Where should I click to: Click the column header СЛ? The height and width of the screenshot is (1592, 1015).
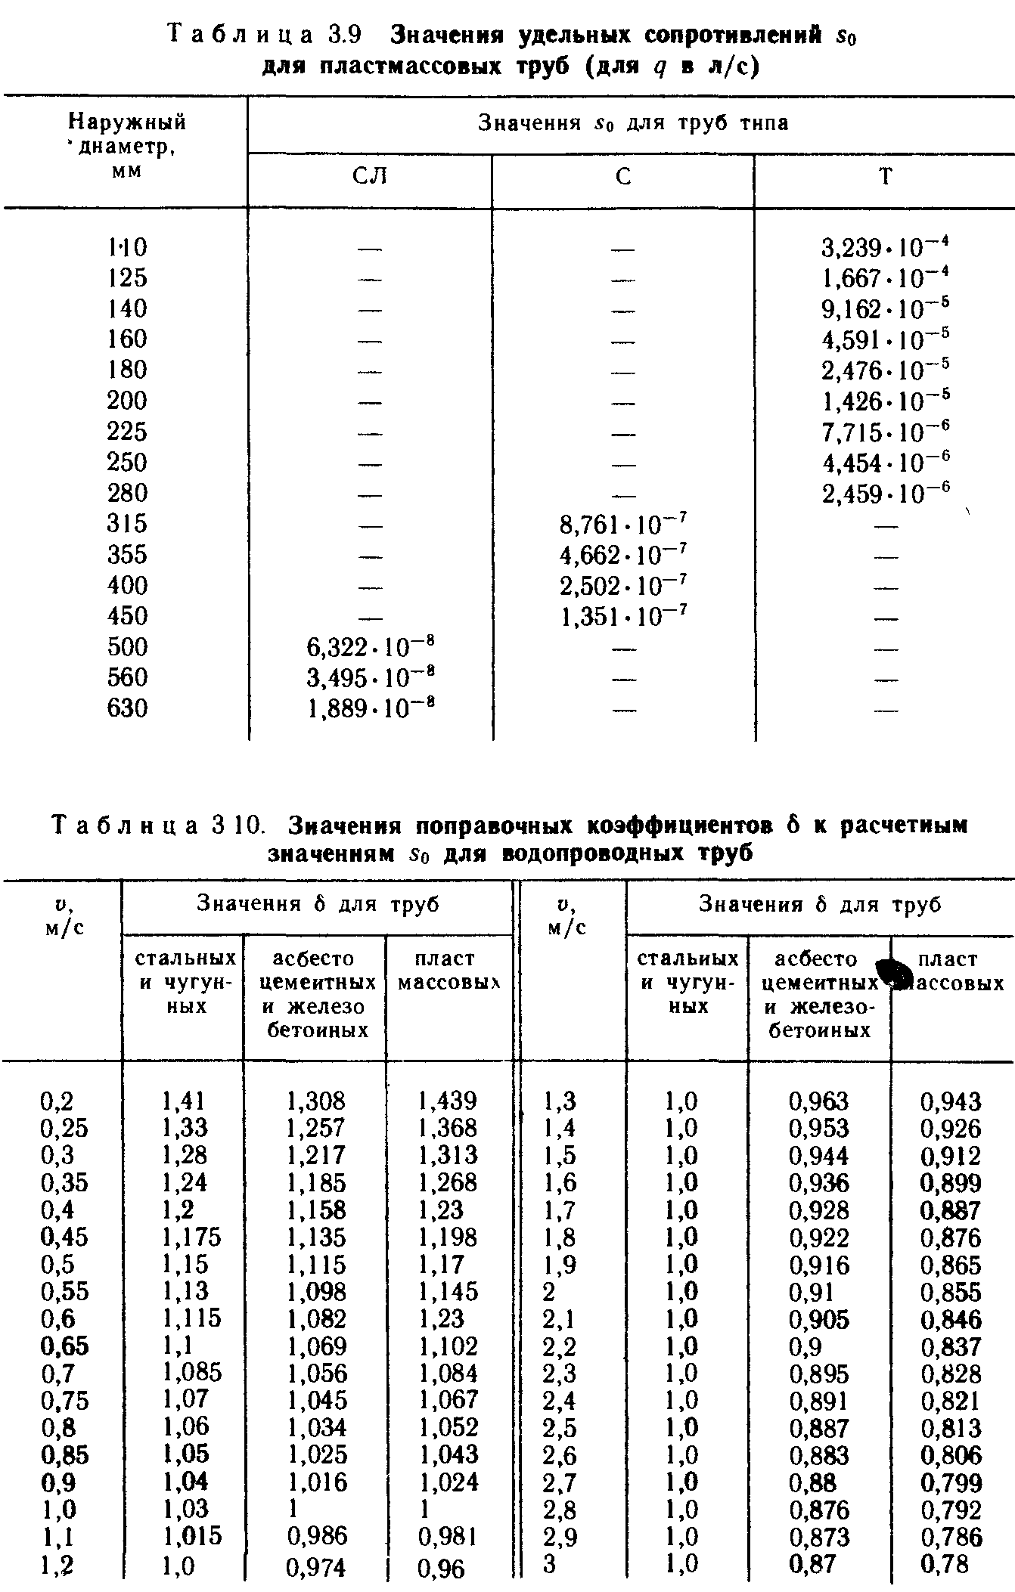point(370,177)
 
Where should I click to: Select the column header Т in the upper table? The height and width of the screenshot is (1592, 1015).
point(885,177)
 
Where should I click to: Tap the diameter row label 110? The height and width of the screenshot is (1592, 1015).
point(127,247)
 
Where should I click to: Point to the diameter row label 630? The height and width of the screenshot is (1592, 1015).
point(127,708)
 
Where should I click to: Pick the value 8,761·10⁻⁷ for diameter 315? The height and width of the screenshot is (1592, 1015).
point(623,523)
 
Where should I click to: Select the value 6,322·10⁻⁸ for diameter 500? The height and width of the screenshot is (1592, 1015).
point(370,647)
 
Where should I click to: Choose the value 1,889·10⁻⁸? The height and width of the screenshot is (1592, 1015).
point(370,708)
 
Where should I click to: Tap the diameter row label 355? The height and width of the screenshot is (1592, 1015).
point(127,555)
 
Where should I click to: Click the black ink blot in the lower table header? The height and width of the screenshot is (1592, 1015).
point(892,973)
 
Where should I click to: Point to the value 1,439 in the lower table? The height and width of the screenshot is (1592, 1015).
point(448,1101)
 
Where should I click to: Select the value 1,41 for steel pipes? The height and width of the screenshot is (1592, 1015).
point(183,1101)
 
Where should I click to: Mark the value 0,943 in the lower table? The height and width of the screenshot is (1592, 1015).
point(950,1101)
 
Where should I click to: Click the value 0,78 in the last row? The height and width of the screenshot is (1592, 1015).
point(945,1563)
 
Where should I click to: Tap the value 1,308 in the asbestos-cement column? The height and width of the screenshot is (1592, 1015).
point(315,1101)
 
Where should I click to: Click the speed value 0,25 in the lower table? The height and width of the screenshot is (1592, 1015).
point(64,1128)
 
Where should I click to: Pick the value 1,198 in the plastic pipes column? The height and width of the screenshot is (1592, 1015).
point(448,1237)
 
